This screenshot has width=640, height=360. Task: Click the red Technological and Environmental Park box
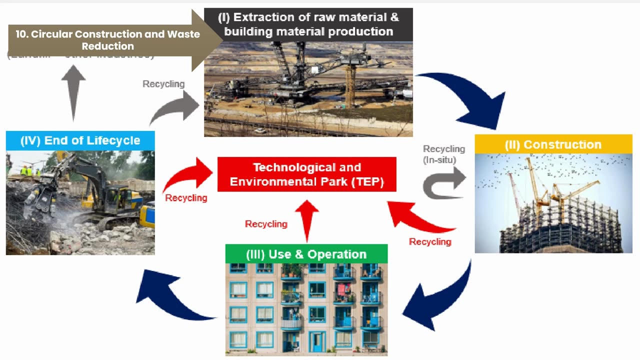pos(306,174)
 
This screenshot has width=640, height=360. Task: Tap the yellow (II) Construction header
pos(553,144)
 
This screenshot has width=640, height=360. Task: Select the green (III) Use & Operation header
pos(306,254)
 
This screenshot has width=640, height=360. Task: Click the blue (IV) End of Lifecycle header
pos(80,140)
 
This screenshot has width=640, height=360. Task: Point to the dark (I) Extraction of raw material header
pos(308,24)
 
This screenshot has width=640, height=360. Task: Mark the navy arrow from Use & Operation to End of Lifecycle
pos(170,297)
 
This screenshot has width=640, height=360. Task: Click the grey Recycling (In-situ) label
pos(443,154)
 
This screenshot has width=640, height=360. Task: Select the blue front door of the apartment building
pos(316,341)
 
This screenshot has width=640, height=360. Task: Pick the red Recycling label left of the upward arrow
pos(266,224)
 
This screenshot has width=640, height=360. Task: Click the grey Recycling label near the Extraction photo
pos(163,84)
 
